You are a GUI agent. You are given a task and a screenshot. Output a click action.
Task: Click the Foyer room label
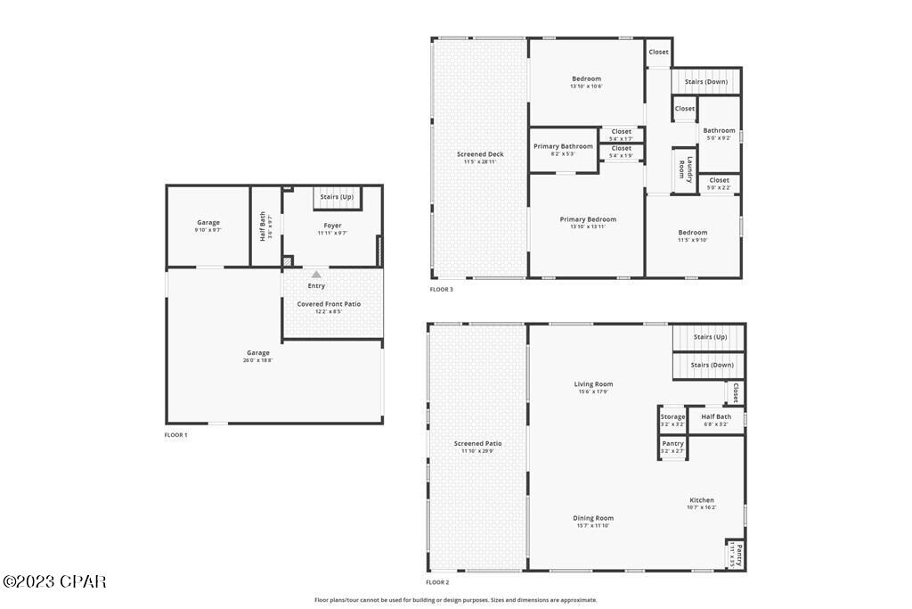coord(331,226)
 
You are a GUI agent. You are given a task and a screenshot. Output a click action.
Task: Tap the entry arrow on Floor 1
coord(316,274)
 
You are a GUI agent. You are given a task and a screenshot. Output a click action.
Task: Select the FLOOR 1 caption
coord(176,434)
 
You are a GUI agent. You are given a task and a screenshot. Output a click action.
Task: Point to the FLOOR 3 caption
coord(442,289)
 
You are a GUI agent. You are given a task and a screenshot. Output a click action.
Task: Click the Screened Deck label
coord(480,154)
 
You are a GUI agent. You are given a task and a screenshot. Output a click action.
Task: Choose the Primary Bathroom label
coord(563,146)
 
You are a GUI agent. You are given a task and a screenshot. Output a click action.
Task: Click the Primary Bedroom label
coord(588,219)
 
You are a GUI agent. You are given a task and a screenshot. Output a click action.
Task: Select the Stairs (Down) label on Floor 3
coord(706,82)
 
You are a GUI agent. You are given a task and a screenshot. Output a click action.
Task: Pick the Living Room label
coord(593,384)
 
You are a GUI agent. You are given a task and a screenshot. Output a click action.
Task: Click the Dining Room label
coord(594,518)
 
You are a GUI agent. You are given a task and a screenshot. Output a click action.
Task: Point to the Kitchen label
coord(702,500)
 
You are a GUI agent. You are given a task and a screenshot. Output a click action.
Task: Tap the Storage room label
coord(673,416)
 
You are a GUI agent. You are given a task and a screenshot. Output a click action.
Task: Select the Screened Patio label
coord(478,443)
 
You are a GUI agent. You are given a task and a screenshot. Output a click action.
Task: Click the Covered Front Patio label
coord(329,304)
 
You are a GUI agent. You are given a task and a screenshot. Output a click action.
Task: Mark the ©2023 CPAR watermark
coord(54,581)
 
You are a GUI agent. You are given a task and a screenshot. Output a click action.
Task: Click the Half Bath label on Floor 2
coord(716,416)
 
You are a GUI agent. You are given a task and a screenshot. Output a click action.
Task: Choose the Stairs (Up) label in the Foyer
coord(337,196)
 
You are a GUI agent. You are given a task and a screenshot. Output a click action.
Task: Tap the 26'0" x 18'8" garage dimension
coord(257,360)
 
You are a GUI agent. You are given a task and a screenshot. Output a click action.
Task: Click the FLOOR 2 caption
coord(437,581)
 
